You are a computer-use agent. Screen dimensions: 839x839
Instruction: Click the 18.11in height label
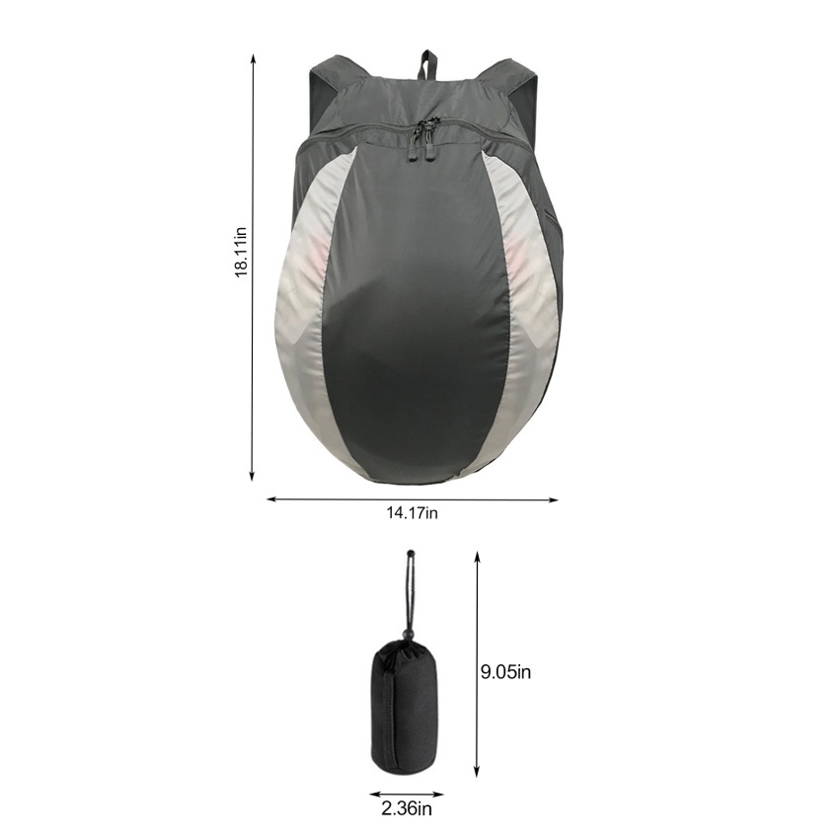point(241,252)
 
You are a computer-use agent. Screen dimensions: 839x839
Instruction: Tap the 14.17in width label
point(412,513)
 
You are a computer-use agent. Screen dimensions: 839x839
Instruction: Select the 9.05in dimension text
point(505,672)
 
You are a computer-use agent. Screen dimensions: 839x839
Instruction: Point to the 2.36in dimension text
point(407,808)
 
